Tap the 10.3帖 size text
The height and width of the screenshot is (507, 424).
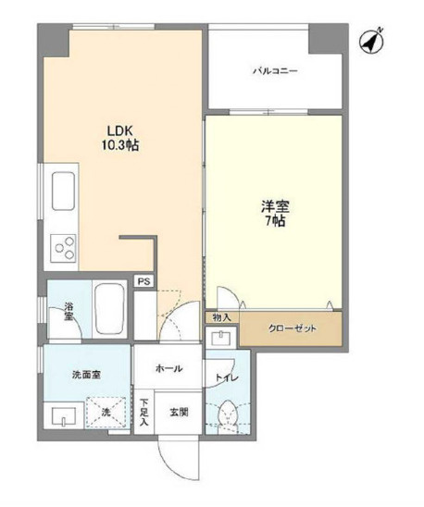click(119, 145)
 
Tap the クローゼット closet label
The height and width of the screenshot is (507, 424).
click(291, 328)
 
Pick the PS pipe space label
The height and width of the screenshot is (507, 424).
click(144, 281)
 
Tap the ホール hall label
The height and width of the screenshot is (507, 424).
click(168, 368)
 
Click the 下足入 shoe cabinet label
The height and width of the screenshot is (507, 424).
click(144, 412)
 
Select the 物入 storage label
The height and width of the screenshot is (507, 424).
click(221, 317)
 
